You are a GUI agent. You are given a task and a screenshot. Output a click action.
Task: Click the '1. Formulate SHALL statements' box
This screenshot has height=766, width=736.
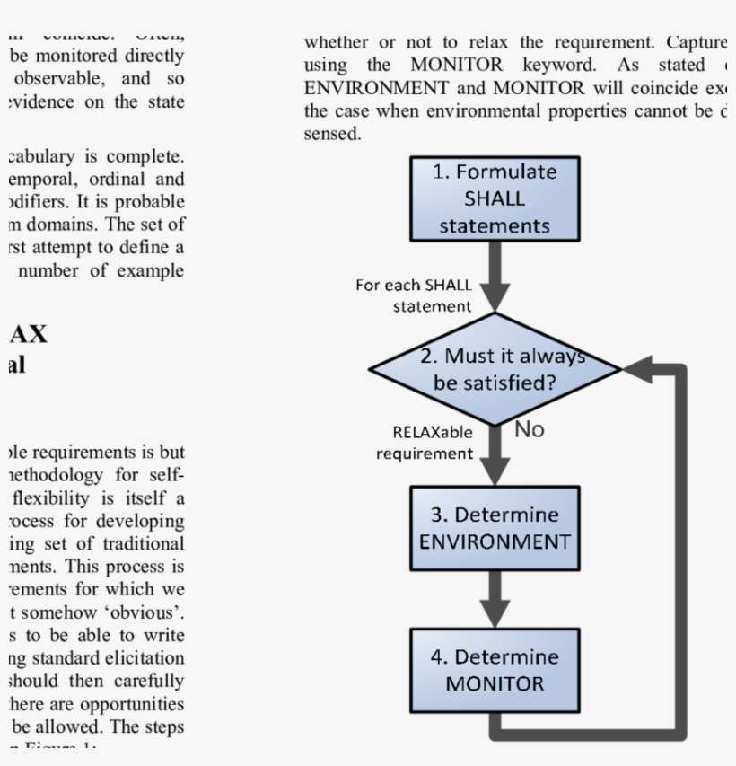click(495, 198)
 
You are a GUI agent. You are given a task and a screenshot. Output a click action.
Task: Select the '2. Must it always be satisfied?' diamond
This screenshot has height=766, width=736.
click(495, 369)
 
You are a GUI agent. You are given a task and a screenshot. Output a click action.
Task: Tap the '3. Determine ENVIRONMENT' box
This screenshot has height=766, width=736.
click(495, 529)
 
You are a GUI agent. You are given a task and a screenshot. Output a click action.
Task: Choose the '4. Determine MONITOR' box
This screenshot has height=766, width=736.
click(495, 670)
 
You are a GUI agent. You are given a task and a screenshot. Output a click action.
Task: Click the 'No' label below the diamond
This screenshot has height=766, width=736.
click(530, 430)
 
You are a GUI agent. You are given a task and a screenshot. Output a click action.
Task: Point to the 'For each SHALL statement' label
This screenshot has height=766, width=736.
click(414, 295)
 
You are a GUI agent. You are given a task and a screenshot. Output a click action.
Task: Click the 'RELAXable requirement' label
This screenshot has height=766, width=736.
click(425, 443)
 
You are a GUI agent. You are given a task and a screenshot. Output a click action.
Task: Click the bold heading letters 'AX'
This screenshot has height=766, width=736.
click(28, 334)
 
